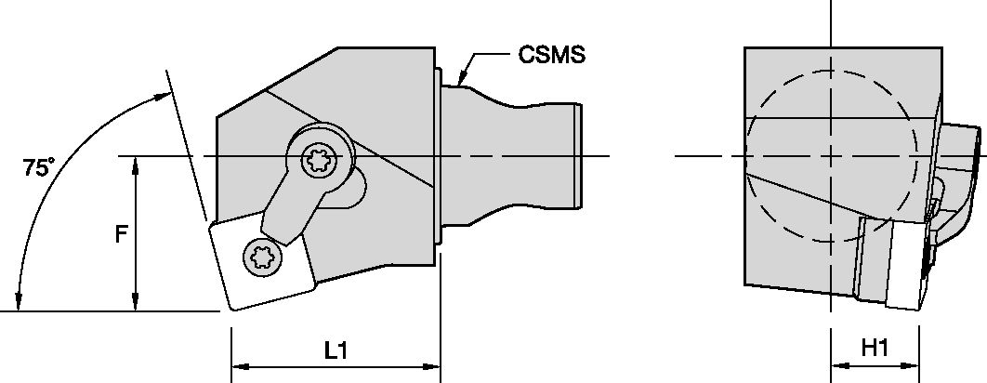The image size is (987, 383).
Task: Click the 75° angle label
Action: (x=38, y=168)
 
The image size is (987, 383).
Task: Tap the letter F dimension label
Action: (x=120, y=235)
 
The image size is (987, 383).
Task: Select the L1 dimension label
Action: (x=336, y=350)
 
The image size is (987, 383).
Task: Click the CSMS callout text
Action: (x=551, y=55)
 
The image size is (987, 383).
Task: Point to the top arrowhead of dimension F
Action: (x=137, y=161)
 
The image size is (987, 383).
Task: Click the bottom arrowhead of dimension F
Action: (x=137, y=306)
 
